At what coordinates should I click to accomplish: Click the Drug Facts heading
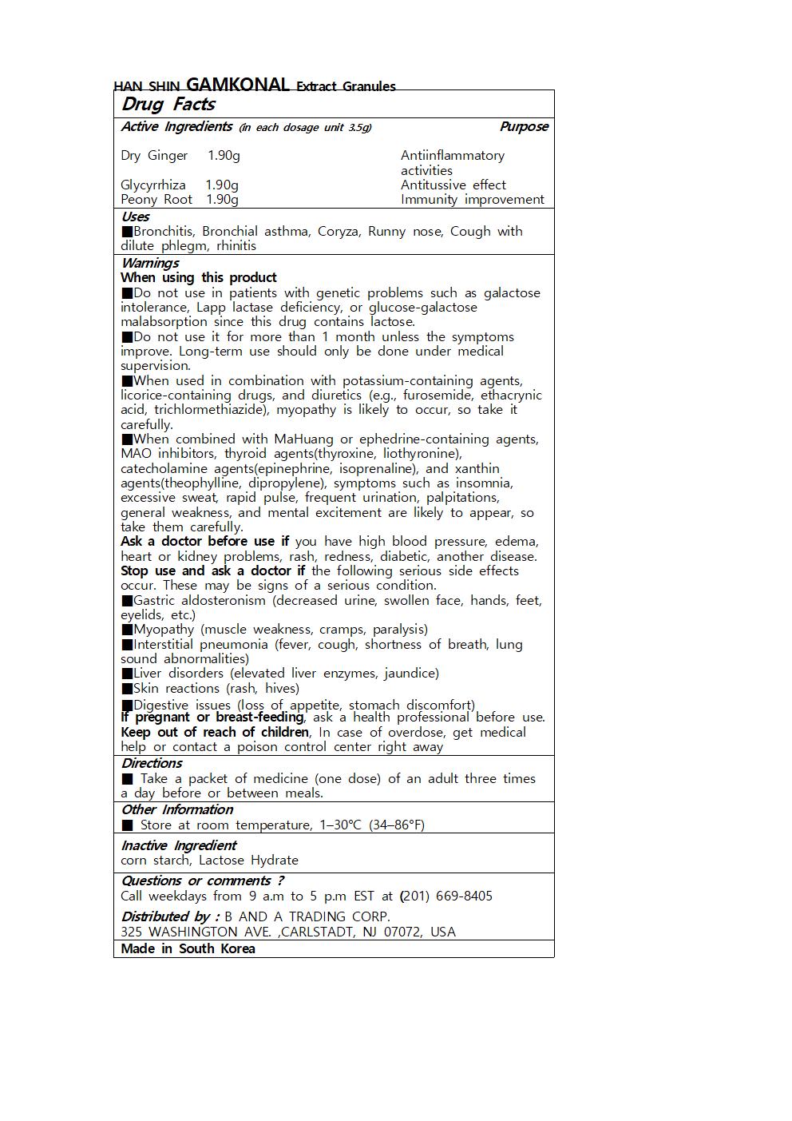(x=168, y=105)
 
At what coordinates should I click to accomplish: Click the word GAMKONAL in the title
(x=237, y=85)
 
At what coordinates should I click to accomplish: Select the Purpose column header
(x=524, y=126)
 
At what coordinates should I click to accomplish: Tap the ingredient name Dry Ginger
(x=154, y=156)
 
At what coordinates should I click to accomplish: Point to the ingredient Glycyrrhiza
(x=153, y=185)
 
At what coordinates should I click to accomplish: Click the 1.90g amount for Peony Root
(x=222, y=200)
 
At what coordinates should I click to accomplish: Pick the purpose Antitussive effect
(x=453, y=185)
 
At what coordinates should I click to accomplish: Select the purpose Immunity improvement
(x=472, y=200)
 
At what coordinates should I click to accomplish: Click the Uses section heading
(x=136, y=217)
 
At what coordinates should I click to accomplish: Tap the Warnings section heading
(x=150, y=263)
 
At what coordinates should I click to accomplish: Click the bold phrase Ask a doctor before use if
(x=204, y=542)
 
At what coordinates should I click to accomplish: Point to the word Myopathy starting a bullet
(x=164, y=630)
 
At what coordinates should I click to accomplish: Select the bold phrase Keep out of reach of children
(x=215, y=733)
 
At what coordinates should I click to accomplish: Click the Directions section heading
(x=152, y=763)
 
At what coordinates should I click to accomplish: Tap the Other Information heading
(x=177, y=809)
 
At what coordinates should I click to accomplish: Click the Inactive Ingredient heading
(x=179, y=845)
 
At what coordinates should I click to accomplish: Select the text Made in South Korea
(x=188, y=949)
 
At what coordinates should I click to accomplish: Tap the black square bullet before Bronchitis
(x=127, y=232)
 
